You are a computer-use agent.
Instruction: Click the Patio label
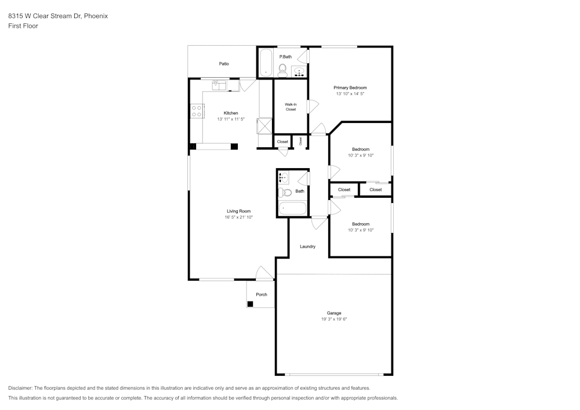[x=224, y=64]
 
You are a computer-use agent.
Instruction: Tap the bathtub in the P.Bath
[x=266, y=63]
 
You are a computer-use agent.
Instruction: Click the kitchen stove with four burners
[x=197, y=111]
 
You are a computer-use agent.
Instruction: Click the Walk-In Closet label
[x=291, y=107]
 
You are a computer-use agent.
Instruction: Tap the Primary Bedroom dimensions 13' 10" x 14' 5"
[x=350, y=94]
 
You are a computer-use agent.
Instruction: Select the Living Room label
[x=238, y=211]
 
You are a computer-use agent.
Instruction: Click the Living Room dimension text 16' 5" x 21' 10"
[x=238, y=217]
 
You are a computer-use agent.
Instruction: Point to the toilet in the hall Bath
[x=284, y=193]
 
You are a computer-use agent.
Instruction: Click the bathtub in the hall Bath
[x=292, y=209]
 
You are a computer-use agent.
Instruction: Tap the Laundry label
[x=307, y=246]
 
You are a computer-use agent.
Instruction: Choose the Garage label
[x=334, y=313]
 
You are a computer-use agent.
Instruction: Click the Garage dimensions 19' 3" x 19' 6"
[x=334, y=319]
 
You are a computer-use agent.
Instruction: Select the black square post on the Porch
[x=250, y=304]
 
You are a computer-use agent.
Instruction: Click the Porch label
[x=262, y=295]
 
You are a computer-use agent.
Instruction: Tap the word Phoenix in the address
[x=96, y=16]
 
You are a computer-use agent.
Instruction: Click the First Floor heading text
[x=23, y=26]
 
